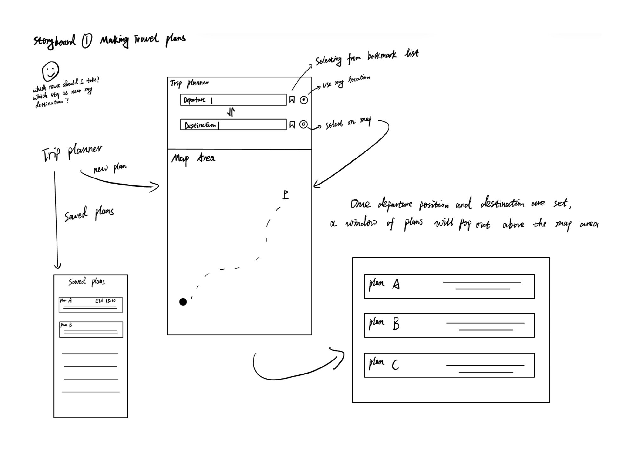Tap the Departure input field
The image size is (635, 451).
click(x=233, y=100)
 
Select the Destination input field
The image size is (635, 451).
click(x=233, y=125)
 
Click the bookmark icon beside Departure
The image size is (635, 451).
click(x=292, y=100)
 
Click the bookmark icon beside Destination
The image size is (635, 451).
click(x=292, y=125)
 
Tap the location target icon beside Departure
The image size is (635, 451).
click(x=304, y=100)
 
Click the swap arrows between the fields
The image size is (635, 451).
click(x=231, y=112)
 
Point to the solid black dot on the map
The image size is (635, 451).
click(x=183, y=302)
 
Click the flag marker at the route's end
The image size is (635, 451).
click(x=285, y=194)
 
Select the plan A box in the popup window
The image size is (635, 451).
click(x=449, y=286)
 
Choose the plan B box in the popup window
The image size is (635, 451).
click(x=449, y=325)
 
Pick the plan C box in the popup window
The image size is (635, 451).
click(x=449, y=365)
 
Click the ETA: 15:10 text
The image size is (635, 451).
click(x=105, y=300)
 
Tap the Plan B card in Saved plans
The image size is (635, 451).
click(x=91, y=330)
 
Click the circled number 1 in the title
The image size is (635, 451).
click(x=87, y=41)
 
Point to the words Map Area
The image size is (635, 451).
click(x=193, y=158)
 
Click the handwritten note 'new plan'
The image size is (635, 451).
click(x=110, y=168)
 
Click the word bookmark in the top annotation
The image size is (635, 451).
click(x=382, y=56)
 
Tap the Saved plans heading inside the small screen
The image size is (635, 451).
click(x=86, y=282)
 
